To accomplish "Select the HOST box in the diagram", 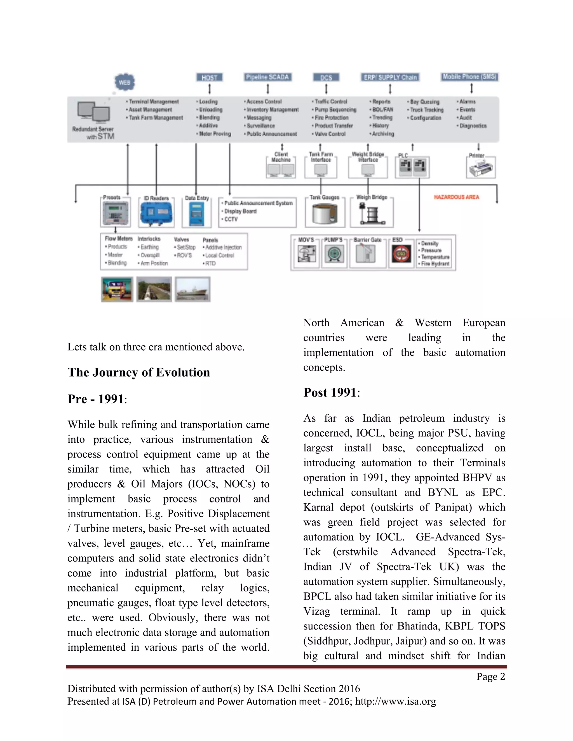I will tap(210, 77).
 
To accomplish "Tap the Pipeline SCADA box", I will tap(267, 77).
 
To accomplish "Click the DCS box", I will tap(326, 77).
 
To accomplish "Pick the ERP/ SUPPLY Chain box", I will tap(390, 77).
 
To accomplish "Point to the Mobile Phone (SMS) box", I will tap(470, 77).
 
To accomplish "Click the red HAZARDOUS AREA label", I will tap(456, 197).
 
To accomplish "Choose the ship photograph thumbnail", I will tap(192, 289).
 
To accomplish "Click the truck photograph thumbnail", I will tap(117, 289).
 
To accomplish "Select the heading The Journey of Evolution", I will tap(138, 372).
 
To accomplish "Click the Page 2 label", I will tap(490, 676).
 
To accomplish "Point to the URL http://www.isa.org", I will tap(395, 701).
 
